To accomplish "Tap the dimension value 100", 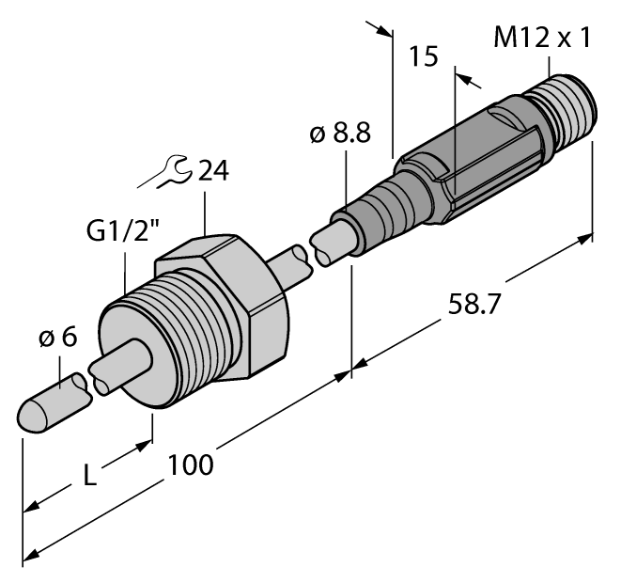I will (x=192, y=464).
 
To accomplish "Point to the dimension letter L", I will (x=89, y=476).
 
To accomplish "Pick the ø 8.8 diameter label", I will (x=339, y=135).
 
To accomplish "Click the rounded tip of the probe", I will (x=34, y=415).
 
